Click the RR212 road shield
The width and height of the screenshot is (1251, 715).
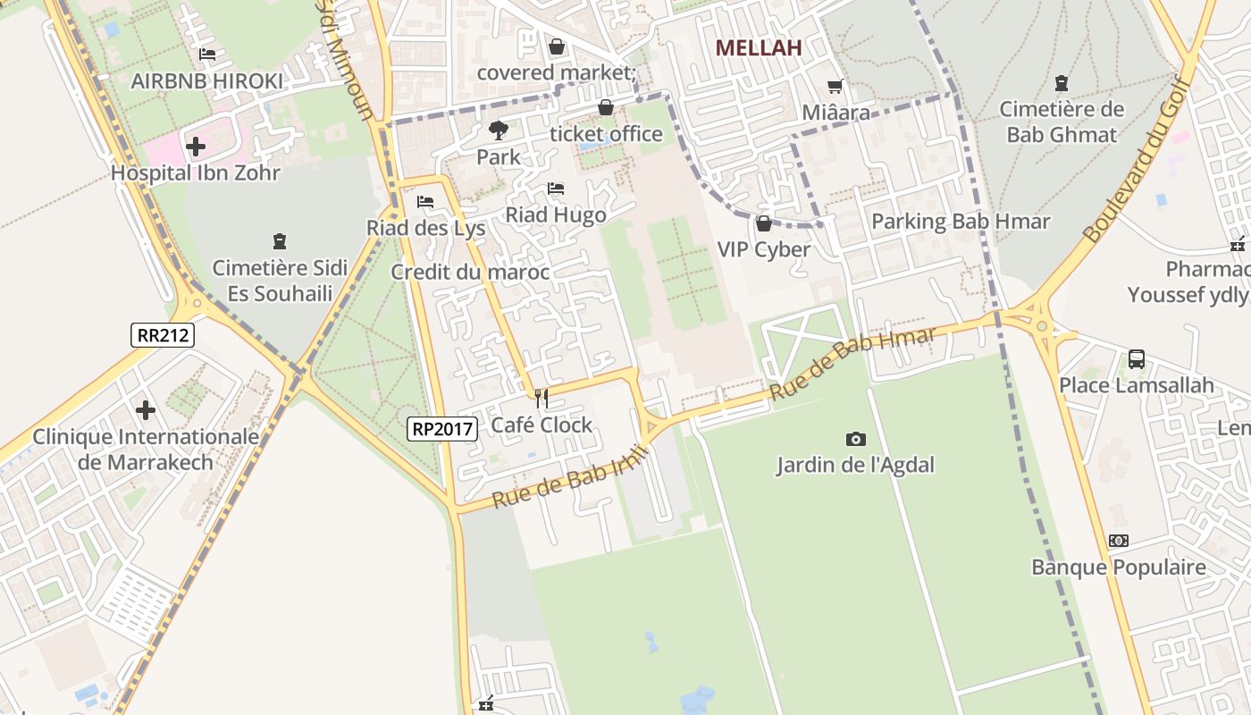pyautogui.click(x=162, y=335)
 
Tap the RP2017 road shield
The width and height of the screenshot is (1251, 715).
pyautogui.click(x=441, y=429)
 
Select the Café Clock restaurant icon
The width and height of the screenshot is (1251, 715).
pyautogui.click(x=541, y=399)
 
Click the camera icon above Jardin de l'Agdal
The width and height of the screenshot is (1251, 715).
pyautogui.click(x=855, y=439)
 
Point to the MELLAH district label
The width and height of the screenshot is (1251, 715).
pyautogui.click(x=759, y=48)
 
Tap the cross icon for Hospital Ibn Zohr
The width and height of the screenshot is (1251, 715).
pyautogui.click(x=196, y=146)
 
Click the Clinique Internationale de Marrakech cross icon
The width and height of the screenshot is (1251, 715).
pyautogui.click(x=146, y=410)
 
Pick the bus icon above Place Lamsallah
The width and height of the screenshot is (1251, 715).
pyautogui.click(x=1136, y=359)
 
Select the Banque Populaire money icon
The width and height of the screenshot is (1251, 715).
pyautogui.click(x=1118, y=541)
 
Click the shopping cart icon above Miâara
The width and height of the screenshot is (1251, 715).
pyautogui.click(x=835, y=87)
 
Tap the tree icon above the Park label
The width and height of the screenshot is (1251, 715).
pyautogui.click(x=498, y=130)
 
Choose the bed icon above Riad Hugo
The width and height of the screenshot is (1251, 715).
pyautogui.click(x=556, y=189)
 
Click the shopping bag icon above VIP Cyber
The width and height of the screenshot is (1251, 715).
pyautogui.click(x=763, y=223)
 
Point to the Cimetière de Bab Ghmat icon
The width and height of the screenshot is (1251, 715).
pyautogui.click(x=1062, y=84)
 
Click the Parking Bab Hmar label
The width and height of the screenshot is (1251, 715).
pyautogui.click(x=961, y=221)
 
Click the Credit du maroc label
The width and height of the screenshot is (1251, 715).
pyautogui.click(x=470, y=272)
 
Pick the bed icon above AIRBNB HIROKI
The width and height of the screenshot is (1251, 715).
pyautogui.click(x=207, y=55)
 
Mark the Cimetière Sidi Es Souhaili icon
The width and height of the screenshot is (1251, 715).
pyautogui.click(x=280, y=241)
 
